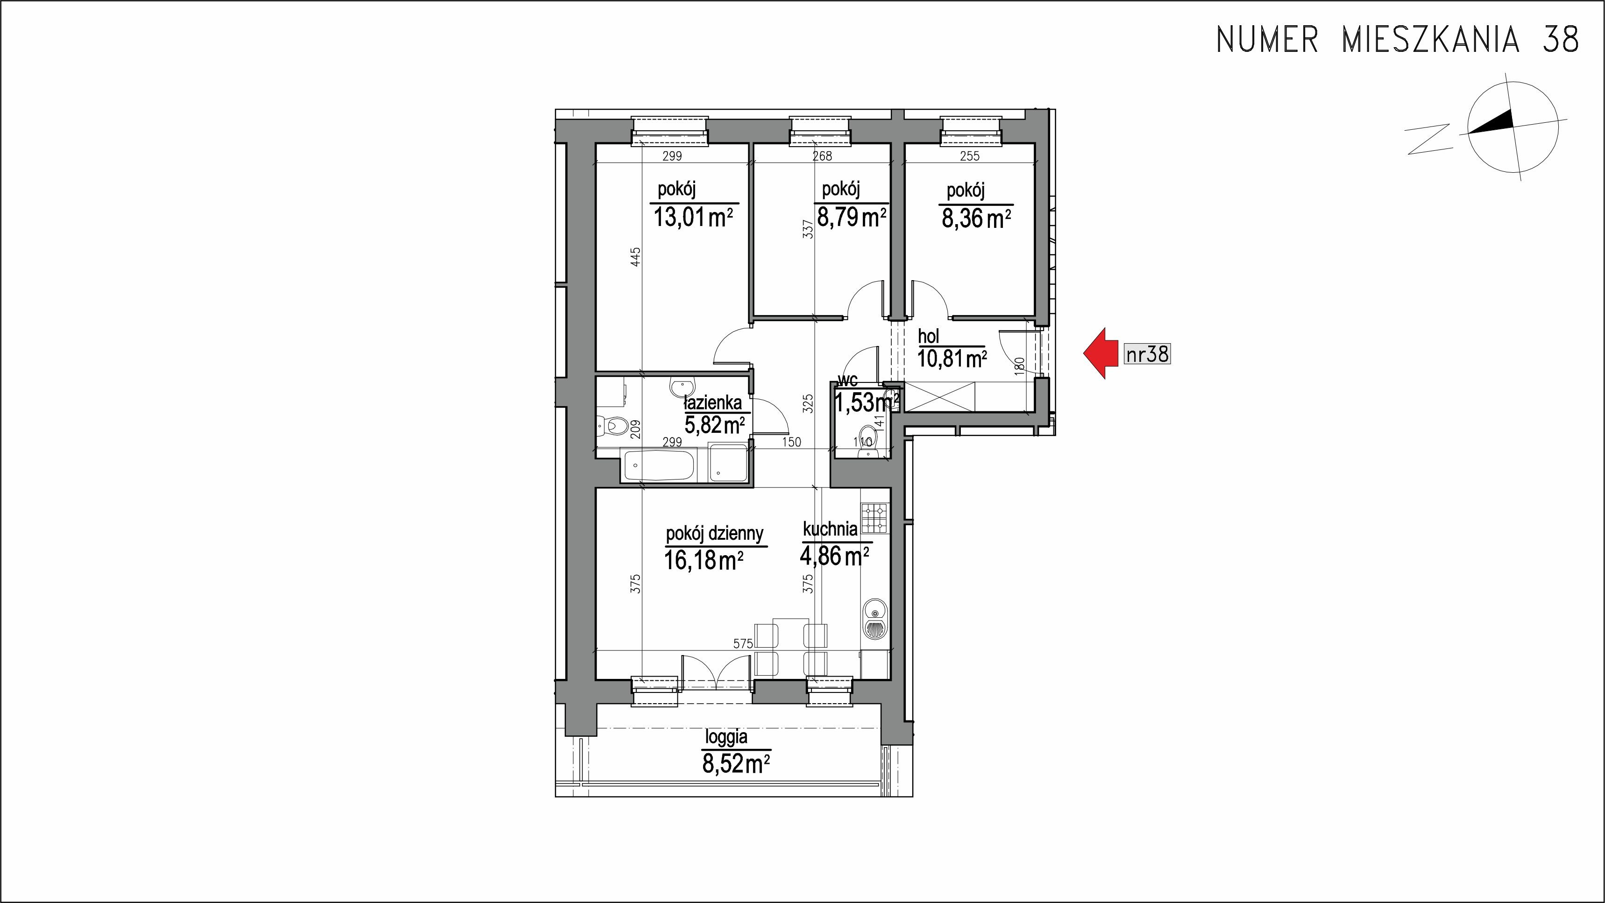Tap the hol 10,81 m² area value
(952, 359)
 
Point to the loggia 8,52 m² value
(735, 763)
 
